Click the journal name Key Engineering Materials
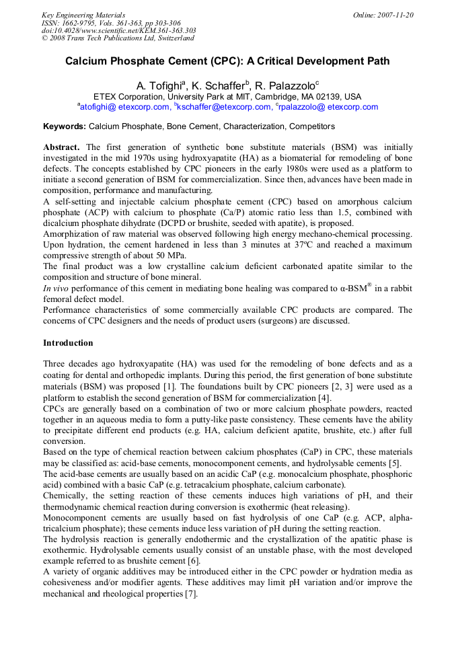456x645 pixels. (83, 15)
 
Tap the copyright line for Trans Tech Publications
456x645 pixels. (118, 39)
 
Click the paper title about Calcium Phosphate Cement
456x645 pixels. (227, 61)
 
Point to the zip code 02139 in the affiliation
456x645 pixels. (322, 97)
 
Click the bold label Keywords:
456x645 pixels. (65, 126)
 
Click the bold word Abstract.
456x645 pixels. (61, 147)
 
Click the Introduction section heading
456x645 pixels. (68, 343)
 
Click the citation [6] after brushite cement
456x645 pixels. (194, 560)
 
